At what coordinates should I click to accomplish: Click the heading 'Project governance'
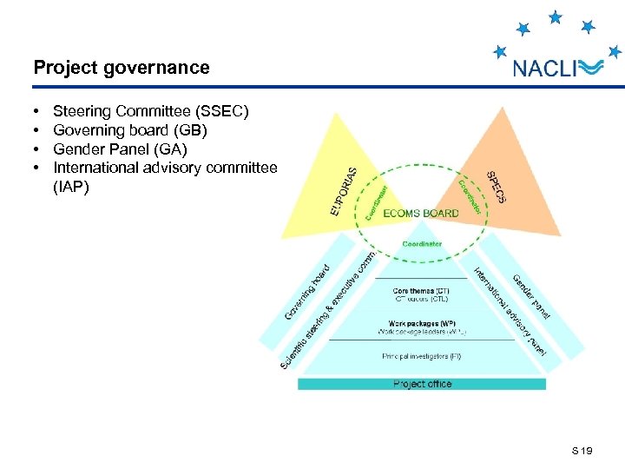click(x=122, y=68)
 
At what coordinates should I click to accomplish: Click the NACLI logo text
click(x=544, y=69)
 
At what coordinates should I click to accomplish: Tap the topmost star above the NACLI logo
click(x=556, y=16)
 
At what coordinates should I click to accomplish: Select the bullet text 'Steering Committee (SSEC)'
click(x=151, y=111)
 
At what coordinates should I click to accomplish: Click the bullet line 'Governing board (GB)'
click(x=130, y=130)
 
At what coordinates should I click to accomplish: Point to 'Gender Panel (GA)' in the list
click(x=120, y=149)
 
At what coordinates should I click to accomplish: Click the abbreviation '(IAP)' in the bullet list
click(x=71, y=186)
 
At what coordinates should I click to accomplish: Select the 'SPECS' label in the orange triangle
click(x=495, y=187)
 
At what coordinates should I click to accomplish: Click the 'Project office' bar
click(x=422, y=384)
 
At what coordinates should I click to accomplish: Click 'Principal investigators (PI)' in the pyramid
click(x=422, y=356)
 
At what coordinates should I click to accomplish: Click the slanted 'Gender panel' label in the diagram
click(x=531, y=296)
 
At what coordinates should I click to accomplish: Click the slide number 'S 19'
click(x=582, y=451)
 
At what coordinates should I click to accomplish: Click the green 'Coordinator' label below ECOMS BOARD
click(x=422, y=244)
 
